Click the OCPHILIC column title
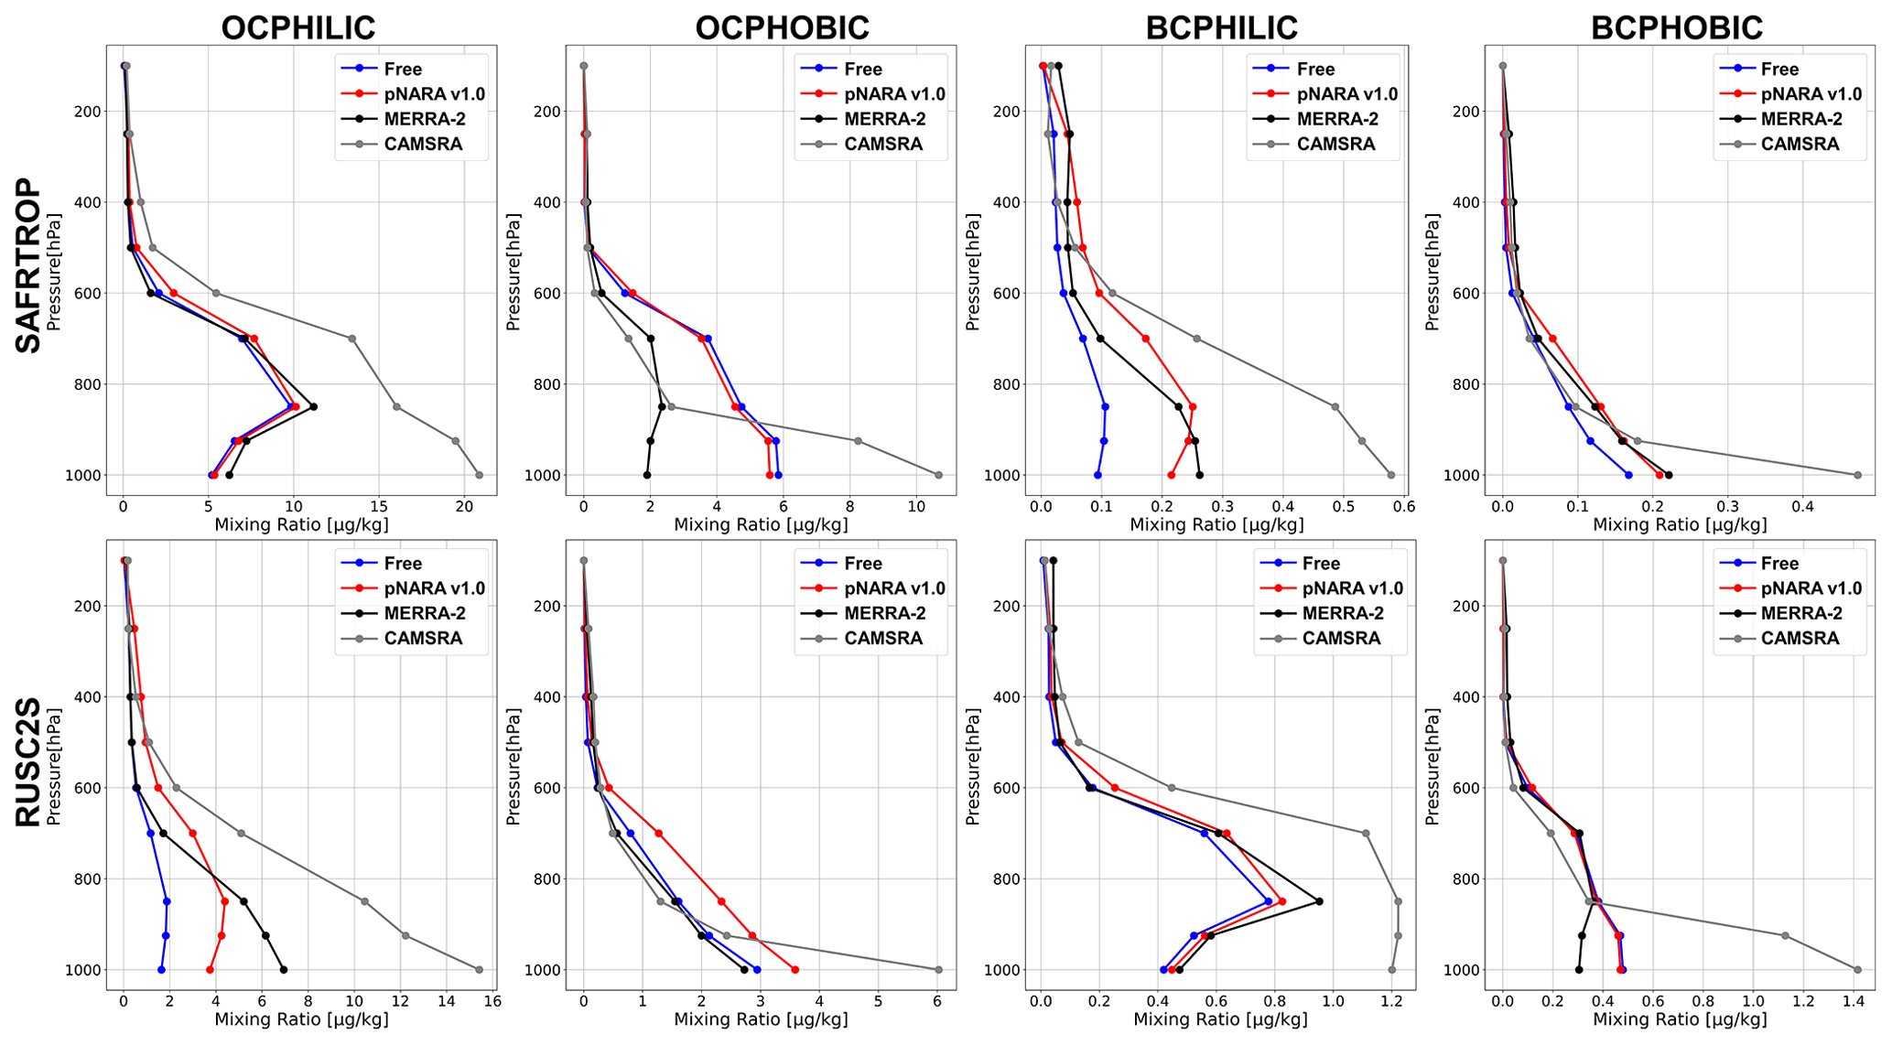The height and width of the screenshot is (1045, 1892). click(x=298, y=27)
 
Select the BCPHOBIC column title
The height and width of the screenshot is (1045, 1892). click(x=1677, y=27)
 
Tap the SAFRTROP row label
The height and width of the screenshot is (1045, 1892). click(x=28, y=265)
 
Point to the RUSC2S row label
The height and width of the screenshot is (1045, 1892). click(x=28, y=762)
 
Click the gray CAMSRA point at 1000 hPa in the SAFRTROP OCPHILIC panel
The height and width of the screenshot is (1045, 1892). click(x=479, y=475)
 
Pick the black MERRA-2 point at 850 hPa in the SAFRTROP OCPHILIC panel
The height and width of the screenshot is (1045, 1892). click(x=313, y=406)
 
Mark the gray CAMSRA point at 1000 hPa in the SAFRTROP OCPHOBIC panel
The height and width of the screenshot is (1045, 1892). click(x=938, y=475)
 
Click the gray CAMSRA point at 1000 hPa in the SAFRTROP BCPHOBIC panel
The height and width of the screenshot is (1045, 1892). click(x=1857, y=475)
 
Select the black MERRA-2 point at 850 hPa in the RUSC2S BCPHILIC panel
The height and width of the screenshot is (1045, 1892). click(x=1319, y=901)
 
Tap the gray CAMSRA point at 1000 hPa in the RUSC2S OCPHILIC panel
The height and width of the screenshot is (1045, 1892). click(x=479, y=969)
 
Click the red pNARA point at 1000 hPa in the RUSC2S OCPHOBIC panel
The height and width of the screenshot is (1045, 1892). click(x=795, y=969)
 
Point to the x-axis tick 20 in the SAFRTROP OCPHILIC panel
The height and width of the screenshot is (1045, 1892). click(x=464, y=506)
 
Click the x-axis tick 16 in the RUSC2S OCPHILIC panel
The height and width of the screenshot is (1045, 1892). click(x=492, y=1001)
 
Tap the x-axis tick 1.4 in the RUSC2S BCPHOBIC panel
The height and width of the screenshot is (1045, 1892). click(x=1854, y=1001)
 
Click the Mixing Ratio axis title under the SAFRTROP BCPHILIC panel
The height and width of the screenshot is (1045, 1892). click(x=1216, y=525)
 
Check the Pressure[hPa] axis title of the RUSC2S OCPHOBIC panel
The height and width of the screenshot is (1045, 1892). click(x=514, y=766)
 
